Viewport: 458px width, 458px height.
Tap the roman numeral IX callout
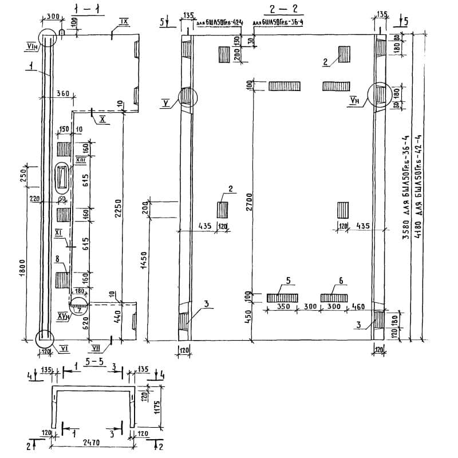pyautogui.click(x=124, y=21)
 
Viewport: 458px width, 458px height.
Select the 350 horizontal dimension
pyautogui.click(x=283, y=307)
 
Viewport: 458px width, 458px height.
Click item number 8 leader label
pyautogui.click(x=57, y=260)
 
